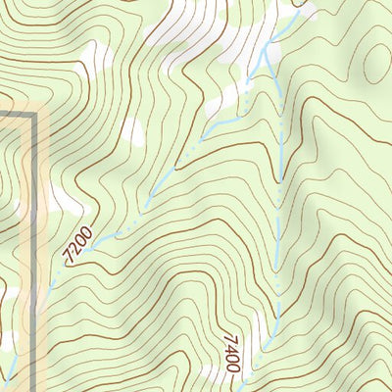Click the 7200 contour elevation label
point(76,244)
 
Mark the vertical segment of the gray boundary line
point(36,245)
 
